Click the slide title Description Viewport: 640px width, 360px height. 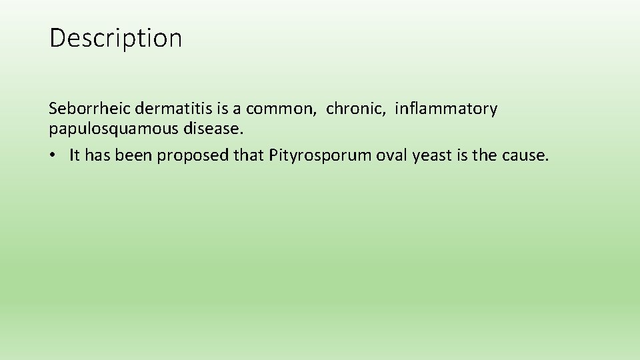coord(115,39)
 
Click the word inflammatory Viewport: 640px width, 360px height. coord(445,109)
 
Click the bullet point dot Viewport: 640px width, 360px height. coord(53,156)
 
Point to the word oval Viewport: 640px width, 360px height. coord(391,156)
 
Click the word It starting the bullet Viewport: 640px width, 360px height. coord(74,156)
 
